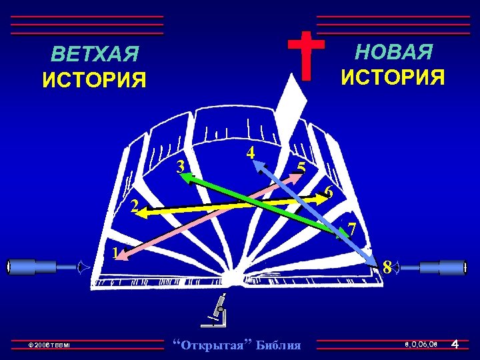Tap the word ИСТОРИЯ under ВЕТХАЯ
(94, 81)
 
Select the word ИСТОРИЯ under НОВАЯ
(393, 77)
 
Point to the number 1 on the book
(115, 253)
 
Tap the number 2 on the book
(134, 207)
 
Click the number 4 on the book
(250, 152)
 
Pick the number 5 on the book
(301, 168)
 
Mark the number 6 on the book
(328, 193)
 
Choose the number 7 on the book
(351, 231)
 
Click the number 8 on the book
(387, 268)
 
